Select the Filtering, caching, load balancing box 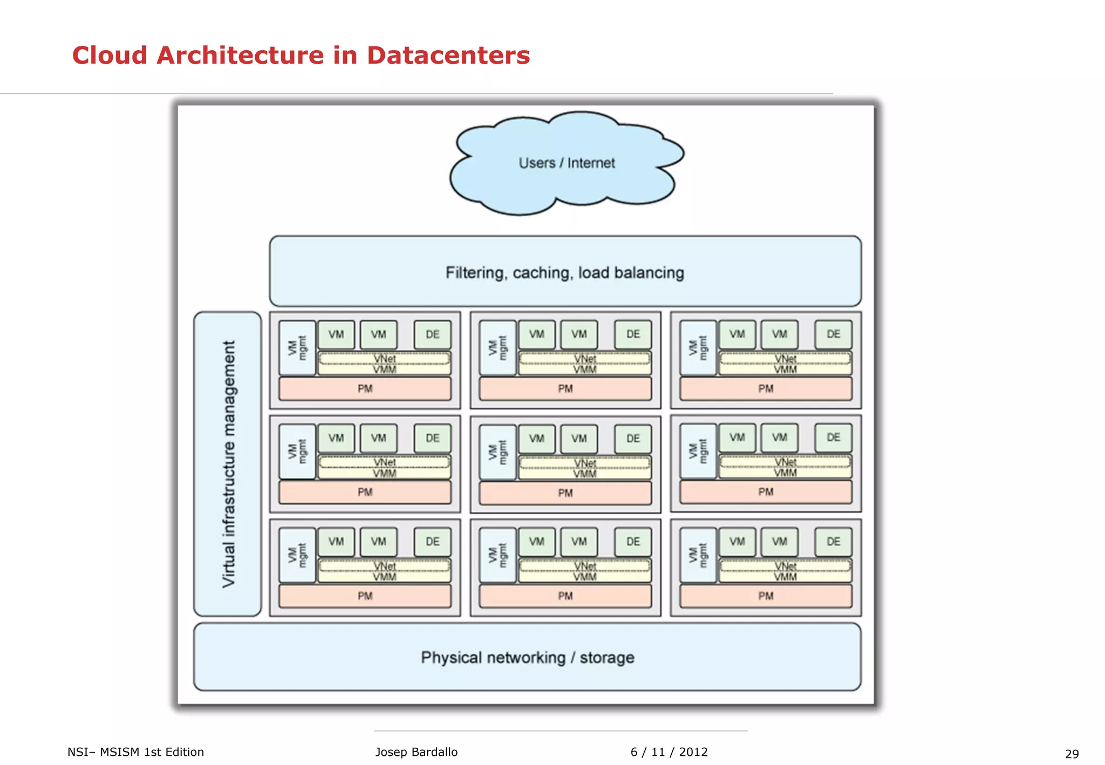565,271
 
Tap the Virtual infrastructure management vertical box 228,463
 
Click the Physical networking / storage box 527,657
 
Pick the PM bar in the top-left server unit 365,388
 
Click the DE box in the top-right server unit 833,334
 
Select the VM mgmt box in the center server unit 497,452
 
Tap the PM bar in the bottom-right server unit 766,596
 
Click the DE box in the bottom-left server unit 432,542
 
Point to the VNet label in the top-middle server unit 585,358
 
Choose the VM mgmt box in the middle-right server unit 698,451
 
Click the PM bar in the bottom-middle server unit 565,596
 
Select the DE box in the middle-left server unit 432,438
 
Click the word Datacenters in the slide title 448,56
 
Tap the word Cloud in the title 110,56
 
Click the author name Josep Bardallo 416,752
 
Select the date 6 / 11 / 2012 669,752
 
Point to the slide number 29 1072,754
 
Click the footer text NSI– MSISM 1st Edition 135,752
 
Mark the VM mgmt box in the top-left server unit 297,348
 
